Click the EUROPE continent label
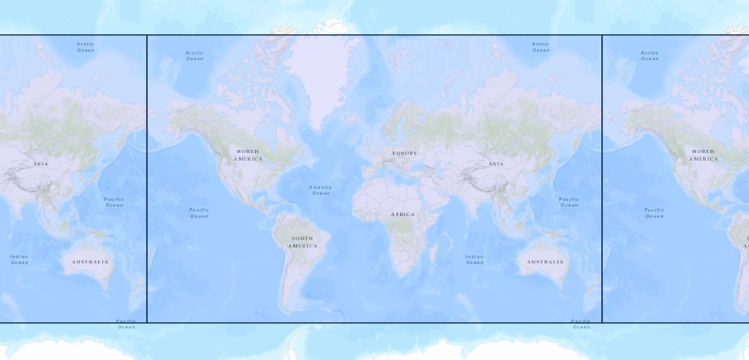(x=405, y=154)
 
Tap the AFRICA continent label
(x=403, y=215)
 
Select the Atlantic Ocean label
(x=320, y=190)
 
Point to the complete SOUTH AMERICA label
(x=302, y=242)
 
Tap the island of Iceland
(x=352, y=118)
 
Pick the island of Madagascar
(x=433, y=252)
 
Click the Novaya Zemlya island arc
(x=447, y=84)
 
